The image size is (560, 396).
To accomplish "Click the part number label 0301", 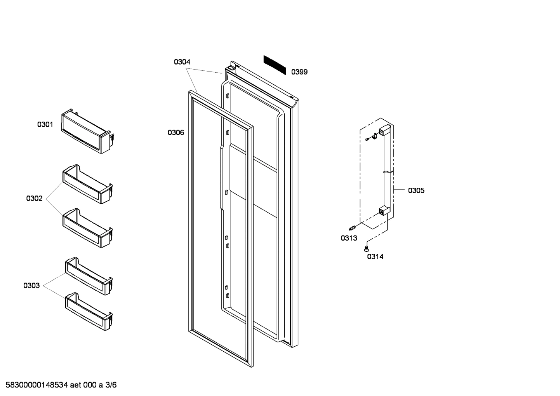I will [45, 124].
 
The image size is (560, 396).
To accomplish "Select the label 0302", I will [34, 199].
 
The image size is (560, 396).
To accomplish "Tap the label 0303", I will [31, 286].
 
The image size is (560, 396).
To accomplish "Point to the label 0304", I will [182, 62].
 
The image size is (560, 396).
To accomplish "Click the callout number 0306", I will [176, 133].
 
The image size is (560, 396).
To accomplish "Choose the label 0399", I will [299, 72].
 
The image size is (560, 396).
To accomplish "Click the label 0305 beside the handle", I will [416, 190].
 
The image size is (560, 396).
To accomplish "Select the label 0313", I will [349, 238].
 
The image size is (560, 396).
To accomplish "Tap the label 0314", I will [375, 256].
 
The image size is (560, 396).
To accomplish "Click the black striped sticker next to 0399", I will [275, 65].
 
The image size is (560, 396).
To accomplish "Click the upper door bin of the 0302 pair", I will [87, 184].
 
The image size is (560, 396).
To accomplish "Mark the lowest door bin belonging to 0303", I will [89, 311].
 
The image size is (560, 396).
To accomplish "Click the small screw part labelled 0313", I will [353, 227].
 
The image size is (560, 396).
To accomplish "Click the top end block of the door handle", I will [384, 130].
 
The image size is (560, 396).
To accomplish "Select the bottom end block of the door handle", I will [384, 211].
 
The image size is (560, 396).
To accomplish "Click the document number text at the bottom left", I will [59, 385].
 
